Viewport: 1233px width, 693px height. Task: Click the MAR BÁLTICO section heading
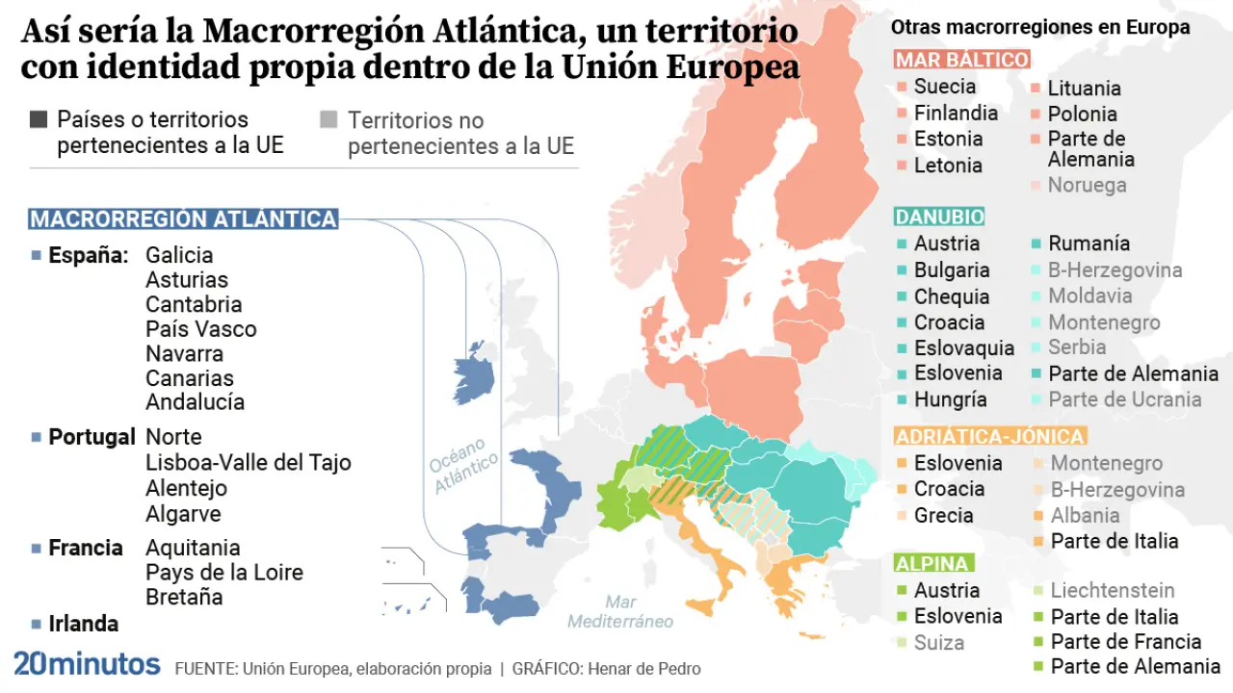coord(961,60)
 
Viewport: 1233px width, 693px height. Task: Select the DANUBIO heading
coord(939,217)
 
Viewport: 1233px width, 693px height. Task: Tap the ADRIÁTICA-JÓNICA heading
coord(990,436)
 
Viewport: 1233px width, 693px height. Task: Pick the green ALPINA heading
coord(933,563)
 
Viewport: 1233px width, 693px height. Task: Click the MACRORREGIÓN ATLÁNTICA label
coord(183,219)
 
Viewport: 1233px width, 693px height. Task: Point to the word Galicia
coord(179,255)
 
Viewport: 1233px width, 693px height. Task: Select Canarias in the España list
coord(190,378)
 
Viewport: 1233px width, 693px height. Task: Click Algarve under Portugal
coord(183,514)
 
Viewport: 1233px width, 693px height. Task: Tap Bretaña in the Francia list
coord(184,597)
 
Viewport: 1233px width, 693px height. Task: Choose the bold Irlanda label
coord(84,624)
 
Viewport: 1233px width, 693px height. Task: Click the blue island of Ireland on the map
coord(475,372)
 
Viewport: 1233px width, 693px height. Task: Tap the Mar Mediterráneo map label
coord(620,612)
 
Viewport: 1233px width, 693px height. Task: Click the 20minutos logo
coord(87,664)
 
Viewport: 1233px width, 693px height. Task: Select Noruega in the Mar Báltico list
coord(1087,185)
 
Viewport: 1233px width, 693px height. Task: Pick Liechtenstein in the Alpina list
coord(1113,590)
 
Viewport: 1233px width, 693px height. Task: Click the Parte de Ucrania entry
coord(1124,399)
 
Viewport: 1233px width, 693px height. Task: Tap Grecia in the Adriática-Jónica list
coord(943,515)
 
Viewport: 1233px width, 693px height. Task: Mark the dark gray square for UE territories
coord(39,120)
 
